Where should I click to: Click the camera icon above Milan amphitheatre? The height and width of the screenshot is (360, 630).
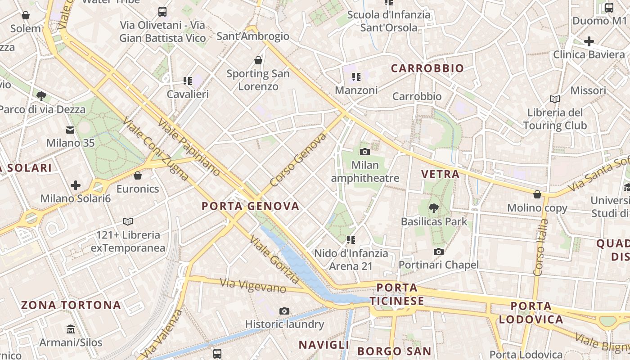pos(365,152)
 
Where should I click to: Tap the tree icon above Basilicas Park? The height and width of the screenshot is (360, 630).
pos(434,208)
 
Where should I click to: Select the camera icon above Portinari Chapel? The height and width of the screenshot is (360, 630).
pos(439,252)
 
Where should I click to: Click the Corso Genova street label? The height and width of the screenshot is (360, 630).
pos(298,160)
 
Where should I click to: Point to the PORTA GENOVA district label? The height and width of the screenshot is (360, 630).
pos(250,206)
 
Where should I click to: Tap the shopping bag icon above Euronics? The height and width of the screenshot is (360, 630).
pos(138,175)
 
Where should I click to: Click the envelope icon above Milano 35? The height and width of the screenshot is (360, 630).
pos(70,130)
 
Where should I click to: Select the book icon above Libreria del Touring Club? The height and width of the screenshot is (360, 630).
pos(555,99)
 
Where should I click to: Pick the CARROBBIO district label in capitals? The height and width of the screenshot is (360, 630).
pos(427,68)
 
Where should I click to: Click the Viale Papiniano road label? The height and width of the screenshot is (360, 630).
pos(189,148)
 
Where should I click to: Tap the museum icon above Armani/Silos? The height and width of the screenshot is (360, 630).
pos(71,329)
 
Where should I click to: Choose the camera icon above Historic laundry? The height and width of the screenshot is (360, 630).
pos(284,311)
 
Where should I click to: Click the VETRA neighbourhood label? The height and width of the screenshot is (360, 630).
pos(440,174)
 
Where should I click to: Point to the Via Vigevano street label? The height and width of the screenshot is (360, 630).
pos(253,286)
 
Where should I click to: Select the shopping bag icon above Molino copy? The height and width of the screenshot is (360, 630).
pos(537,194)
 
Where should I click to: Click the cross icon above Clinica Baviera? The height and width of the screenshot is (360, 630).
pos(589,41)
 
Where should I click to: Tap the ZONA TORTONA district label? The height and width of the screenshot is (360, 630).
pos(71,305)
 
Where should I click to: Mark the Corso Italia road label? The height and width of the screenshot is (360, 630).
pos(539,247)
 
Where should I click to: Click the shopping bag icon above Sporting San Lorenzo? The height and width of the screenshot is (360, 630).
pos(258,60)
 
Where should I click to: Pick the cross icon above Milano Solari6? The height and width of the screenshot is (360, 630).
pos(76,185)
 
